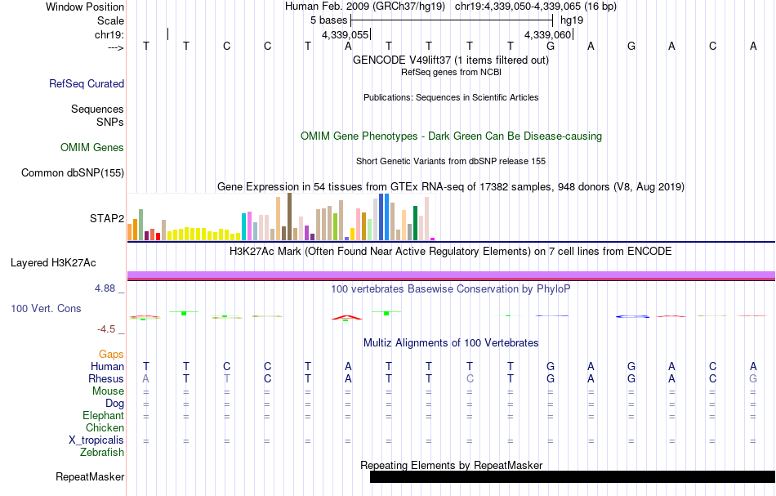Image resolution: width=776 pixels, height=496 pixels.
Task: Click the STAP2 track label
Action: pos(106,218)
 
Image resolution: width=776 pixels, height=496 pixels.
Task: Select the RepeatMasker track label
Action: pos(90,476)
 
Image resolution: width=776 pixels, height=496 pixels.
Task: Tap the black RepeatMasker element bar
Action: pos(572,476)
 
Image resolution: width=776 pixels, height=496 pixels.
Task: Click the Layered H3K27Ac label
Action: pos(53,262)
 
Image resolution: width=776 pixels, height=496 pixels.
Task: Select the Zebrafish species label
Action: pos(102,452)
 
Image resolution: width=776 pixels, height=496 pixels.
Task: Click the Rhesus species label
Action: pos(106,379)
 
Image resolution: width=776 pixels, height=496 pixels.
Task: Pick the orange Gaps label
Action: pos(111,355)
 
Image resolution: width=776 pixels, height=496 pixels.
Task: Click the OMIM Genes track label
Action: pos(92,148)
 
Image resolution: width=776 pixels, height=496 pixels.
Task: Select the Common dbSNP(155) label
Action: pos(73,172)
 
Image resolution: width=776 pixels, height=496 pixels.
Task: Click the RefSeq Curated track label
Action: pos(87,83)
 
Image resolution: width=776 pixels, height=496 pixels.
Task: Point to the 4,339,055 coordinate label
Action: pos(346,34)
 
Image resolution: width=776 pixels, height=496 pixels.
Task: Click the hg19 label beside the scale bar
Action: pos(572,20)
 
